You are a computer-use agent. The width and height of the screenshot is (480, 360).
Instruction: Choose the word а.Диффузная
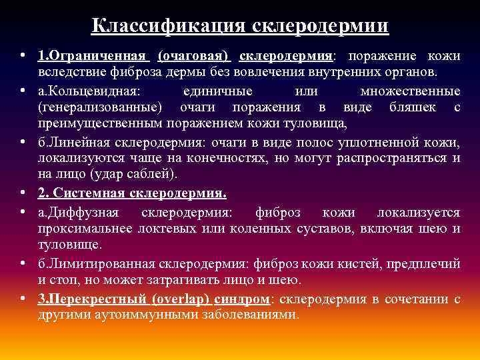pyautogui.click(x=78, y=213)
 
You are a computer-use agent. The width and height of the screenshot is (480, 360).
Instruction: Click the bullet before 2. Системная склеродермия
pyautogui.click(x=23, y=194)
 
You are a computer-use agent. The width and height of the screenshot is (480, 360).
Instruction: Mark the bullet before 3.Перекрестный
pyautogui.click(x=23, y=299)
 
